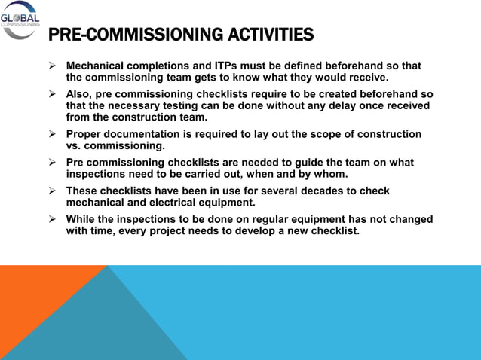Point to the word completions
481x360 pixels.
coord(158,66)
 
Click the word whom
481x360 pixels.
coord(329,174)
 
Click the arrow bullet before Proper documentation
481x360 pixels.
coord(53,134)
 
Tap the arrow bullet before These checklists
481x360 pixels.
coord(53,191)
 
